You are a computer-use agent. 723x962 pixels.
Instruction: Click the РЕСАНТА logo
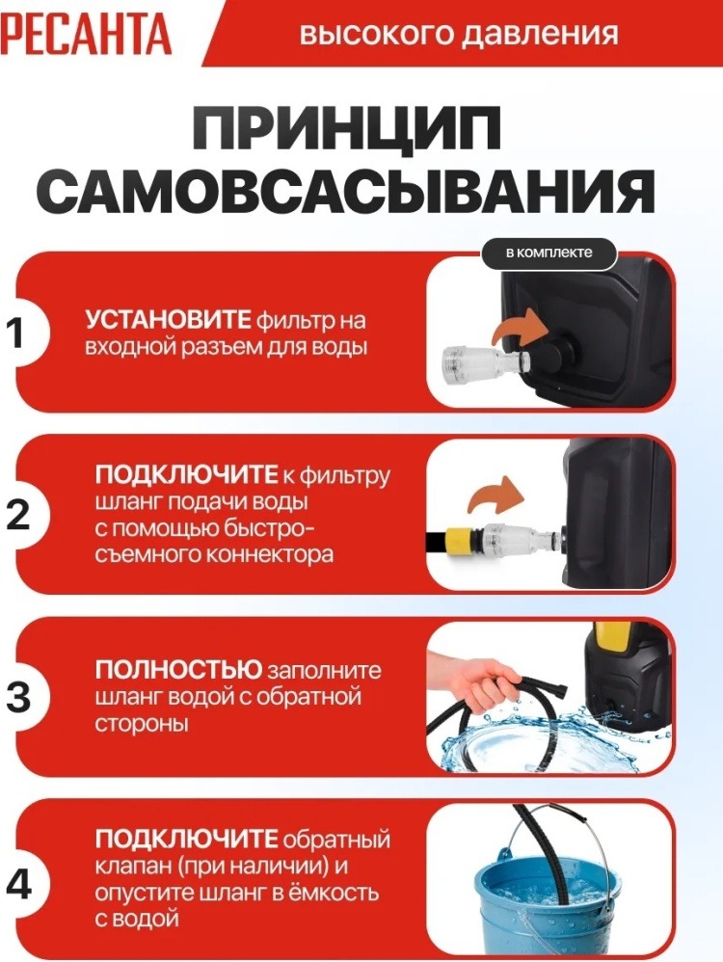(85, 34)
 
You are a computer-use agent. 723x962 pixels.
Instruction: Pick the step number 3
(18, 696)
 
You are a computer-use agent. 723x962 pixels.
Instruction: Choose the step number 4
(18, 884)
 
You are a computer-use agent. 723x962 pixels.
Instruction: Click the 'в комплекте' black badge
(549, 253)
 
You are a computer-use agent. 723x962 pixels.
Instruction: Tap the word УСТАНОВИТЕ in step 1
(168, 320)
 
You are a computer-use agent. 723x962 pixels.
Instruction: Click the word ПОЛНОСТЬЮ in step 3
(178, 669)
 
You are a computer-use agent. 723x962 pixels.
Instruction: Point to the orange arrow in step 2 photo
(495, 494)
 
